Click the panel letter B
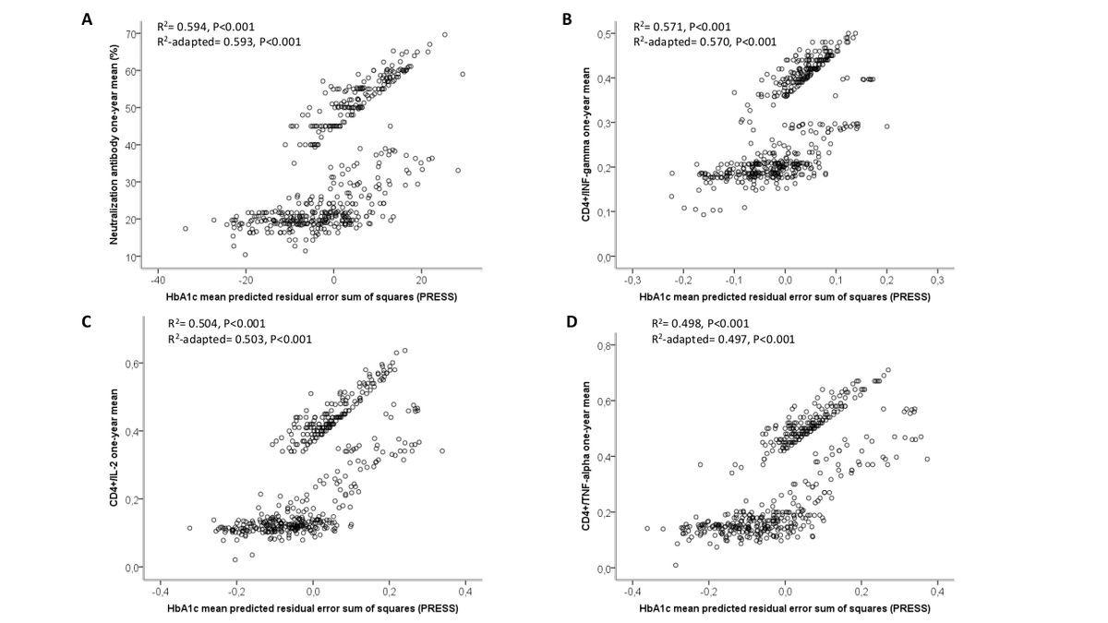(566, 18)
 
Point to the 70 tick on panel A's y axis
(132, 34)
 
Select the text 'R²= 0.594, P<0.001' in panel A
(204, 26)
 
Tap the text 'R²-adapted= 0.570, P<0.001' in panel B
(705, 42)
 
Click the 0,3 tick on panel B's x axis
(937, 279)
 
